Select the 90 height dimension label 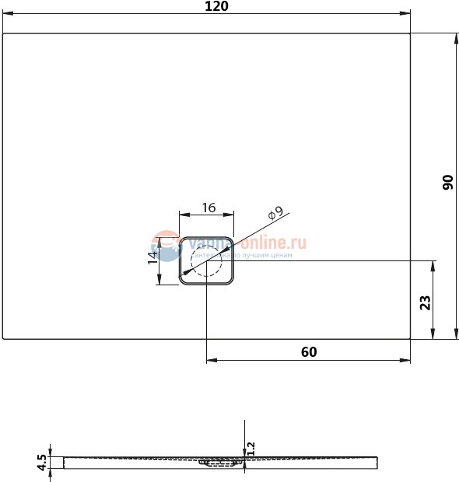[x=447, y=183]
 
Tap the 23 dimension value [x=425, y=302]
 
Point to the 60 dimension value [x=309, y=351]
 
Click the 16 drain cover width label [x=208, y=208]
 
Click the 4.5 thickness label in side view [x=42, y=463]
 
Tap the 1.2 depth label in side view [x=251, y=449]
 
